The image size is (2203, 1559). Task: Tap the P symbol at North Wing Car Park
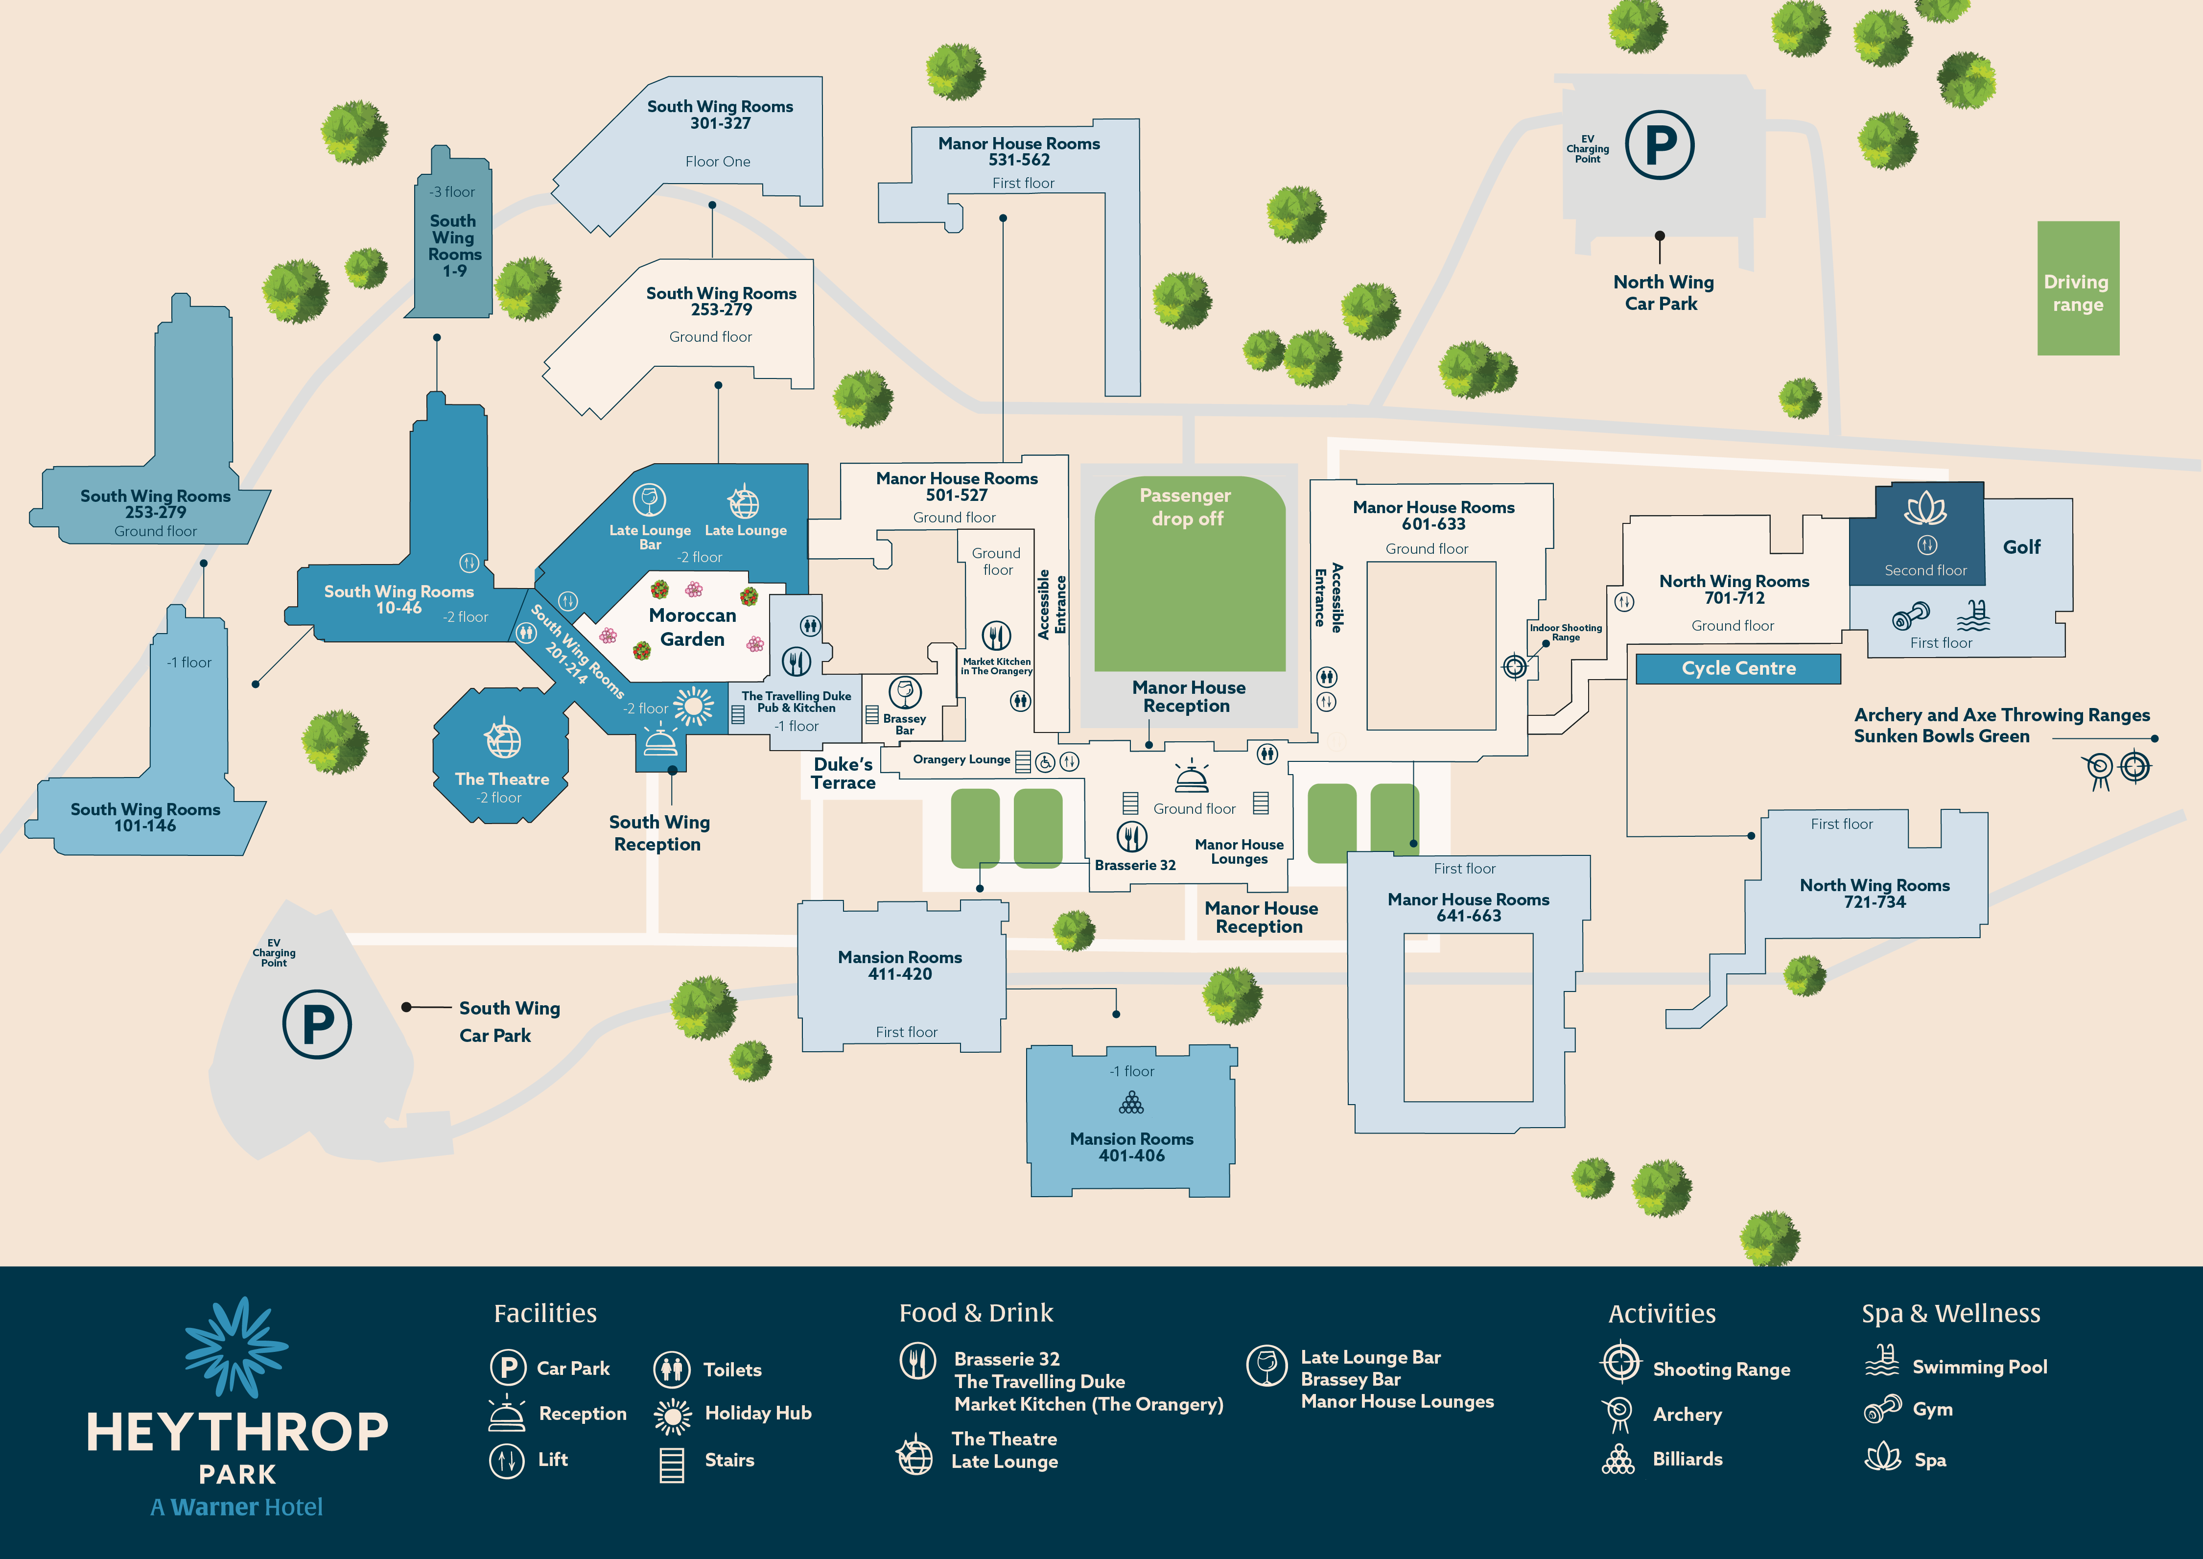point(1660,145)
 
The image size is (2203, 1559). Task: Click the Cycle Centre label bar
point(1737,668)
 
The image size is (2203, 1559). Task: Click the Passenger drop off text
point(1186,507)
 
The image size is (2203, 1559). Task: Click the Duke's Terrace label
point(843,773)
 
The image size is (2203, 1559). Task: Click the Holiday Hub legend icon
point(672,1415)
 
